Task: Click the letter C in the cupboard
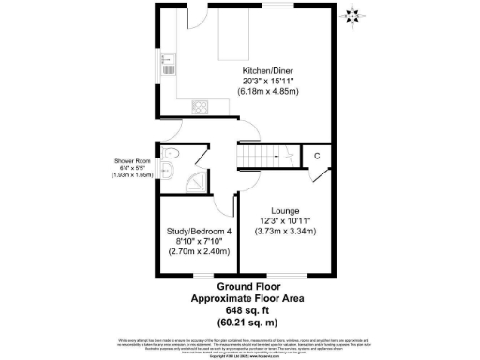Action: point(317,156)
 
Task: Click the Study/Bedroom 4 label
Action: point(198,231)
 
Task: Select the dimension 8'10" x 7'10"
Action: point(198,241)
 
